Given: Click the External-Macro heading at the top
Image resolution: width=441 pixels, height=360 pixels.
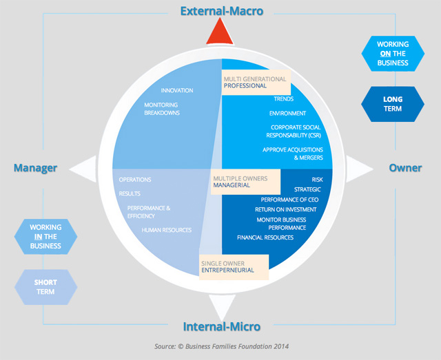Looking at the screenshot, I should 220,11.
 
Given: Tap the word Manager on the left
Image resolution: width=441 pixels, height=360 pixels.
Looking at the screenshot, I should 35,168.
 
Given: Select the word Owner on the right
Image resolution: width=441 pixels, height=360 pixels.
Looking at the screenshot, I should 405,168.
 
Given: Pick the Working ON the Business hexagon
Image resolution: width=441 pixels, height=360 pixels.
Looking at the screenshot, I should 393,54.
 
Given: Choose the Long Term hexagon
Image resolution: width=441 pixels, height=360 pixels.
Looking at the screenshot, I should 393,104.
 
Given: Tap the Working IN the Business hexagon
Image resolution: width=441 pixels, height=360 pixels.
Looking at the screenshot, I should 45,236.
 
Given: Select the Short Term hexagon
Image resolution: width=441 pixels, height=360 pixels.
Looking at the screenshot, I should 45,286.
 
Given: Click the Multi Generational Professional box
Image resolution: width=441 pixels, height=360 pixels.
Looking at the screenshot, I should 256,84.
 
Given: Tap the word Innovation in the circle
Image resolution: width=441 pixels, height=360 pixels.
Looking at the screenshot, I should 177,90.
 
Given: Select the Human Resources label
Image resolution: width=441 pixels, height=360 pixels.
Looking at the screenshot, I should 167,230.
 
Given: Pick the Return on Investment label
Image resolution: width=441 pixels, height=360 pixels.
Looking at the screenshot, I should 285,209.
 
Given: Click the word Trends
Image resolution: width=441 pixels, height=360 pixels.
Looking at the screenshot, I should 283,99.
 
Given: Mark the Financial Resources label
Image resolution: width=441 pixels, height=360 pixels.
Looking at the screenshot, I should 265,237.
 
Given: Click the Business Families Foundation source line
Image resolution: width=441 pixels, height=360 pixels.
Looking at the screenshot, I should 220,347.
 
